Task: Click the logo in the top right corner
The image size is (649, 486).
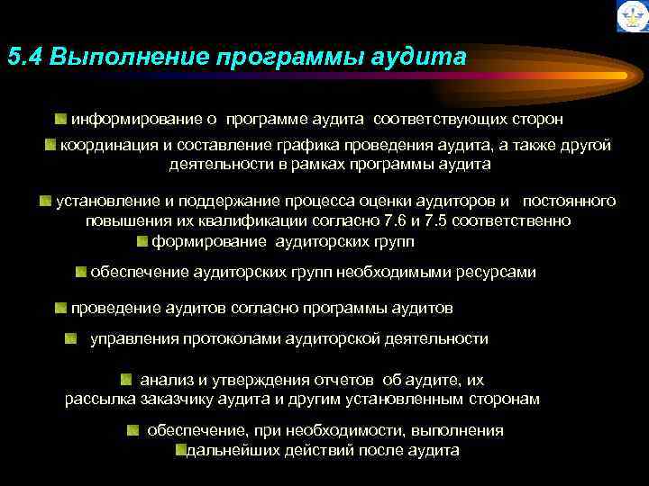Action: click(x=630, y=16)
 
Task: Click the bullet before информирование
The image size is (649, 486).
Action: click(x=59, y=119)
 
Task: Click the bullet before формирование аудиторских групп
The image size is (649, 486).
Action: click(x=142, y=241)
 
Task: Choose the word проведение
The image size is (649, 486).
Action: click(x=116, y=308)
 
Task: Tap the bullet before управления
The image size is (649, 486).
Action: click(x=70, y=339)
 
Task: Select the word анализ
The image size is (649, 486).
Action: click(x=164, y=379)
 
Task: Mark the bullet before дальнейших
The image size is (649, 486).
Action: click(x=179, y=450)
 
